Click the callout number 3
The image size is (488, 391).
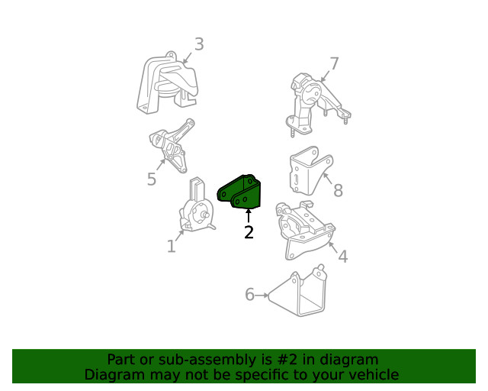point(199,44)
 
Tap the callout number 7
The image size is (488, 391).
point(334,63)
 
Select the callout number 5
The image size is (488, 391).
point(152,179)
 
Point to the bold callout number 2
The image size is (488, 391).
point(249,232)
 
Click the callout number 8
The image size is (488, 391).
point(338,190)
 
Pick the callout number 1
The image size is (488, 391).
point(172,247)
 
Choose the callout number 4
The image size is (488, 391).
point(342,257)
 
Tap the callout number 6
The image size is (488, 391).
point(249,294)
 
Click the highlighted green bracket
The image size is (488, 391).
point(239,192)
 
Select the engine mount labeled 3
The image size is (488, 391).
point(168,83)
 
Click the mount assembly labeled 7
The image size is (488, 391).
point(317,105)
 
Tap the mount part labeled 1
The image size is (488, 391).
point(197,206)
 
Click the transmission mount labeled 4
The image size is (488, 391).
point(305,230)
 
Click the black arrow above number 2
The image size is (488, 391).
point(249,216)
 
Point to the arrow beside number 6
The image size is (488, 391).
point(262,295)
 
